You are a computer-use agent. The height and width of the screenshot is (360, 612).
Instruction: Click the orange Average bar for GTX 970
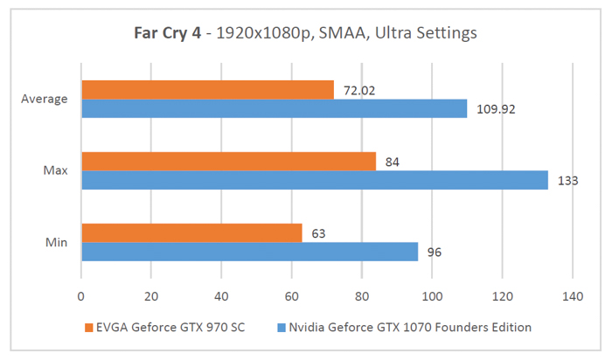[x=207, y=90]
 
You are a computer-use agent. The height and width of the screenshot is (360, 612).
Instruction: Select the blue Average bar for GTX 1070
[x=274, y=108]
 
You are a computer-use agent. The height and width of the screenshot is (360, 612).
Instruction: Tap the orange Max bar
[x=228, y=162]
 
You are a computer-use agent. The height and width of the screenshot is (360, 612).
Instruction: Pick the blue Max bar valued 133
[x=314, y=180]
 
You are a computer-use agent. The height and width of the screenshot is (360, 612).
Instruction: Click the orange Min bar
[x=191, y=233]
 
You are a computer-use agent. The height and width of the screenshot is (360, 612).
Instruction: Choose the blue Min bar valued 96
[x=249, y=252]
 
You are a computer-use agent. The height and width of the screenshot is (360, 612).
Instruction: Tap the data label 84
[x=390, y=161]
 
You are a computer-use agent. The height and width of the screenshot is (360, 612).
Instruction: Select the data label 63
[x=316, y=233]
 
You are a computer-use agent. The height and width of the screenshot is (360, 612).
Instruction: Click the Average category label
[x=45, y=99]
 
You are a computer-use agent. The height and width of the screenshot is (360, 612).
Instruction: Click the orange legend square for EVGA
[x=88, y=327]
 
